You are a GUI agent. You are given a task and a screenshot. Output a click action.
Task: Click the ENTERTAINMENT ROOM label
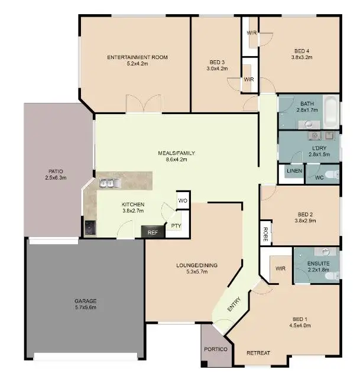pos(137,57)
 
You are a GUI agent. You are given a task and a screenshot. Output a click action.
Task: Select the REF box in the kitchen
pos(153,233)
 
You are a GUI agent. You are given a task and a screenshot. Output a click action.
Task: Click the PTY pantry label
pos(176,226)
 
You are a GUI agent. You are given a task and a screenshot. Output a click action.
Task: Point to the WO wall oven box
pos(183,201)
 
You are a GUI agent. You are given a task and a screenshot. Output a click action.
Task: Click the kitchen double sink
pos(108,184)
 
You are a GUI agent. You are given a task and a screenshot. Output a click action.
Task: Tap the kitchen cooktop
pos(89,227)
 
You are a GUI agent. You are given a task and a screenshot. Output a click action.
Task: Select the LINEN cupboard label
pos(294,171)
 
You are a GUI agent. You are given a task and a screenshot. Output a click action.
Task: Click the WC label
pos(319,177)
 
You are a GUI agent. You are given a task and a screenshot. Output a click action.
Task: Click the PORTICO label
pos(216,349)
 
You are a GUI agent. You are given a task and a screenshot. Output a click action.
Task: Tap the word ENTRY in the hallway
pos(235,304)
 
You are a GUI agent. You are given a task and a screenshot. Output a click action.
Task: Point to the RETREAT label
pos(258,353)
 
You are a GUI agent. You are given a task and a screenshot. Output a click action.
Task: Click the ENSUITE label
pos(318,264)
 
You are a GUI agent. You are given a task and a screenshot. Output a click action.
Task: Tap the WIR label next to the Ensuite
pos(281,268)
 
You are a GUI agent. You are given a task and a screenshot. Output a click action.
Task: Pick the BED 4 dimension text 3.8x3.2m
pos(301,57)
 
